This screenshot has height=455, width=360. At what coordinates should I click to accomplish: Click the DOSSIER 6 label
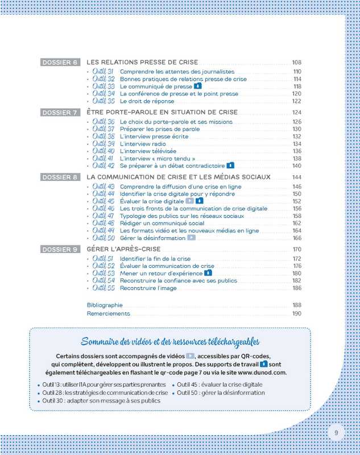[61, 62]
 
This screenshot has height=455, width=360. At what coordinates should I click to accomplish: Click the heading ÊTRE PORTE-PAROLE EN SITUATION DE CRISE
[162, 112]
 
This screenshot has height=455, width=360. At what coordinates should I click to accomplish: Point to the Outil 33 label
[104, 86]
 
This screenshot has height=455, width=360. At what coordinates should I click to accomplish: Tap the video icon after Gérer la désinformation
[192, 238]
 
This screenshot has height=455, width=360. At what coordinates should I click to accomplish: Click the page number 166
[296, 238]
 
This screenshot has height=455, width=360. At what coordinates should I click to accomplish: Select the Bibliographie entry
[105, 305]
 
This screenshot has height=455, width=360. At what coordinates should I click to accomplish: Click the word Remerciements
[109, 313]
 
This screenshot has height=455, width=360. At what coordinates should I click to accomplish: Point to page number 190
[296, 313]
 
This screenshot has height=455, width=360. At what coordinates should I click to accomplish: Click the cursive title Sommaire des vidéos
[170, 341]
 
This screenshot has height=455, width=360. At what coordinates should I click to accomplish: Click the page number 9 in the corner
[336, 433]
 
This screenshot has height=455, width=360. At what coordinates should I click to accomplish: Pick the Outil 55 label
[104, 288]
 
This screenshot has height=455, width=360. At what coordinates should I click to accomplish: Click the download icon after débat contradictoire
[230, 166]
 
